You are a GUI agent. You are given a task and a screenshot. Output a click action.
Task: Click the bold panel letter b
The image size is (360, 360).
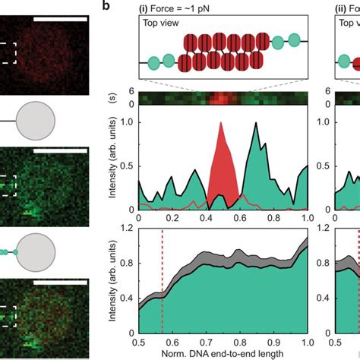109,6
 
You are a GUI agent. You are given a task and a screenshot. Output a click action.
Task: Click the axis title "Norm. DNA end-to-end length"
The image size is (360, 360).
223,355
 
